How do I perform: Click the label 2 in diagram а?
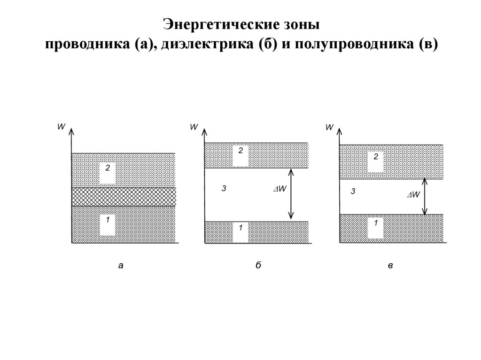[x=107, y=168]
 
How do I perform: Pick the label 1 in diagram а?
[x=107, y=219]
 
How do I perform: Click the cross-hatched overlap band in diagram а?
[x=123, y=197]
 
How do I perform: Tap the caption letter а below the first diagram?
[x=121, y=266]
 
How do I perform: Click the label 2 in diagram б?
[x=240, y=150]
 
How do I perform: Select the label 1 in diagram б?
[x=240, y=228]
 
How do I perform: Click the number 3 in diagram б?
[x=224, y=188]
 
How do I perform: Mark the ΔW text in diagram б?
[x=280, y=189]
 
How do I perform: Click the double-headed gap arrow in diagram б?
[x=292, y=194]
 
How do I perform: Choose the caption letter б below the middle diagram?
[x=258, y=265]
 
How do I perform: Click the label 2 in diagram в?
[x=376, y=157]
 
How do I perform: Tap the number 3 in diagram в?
[x=353, y=191]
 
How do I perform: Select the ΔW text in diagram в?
[x=413, y=195]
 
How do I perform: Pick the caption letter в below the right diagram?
[x=390, y=266]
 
